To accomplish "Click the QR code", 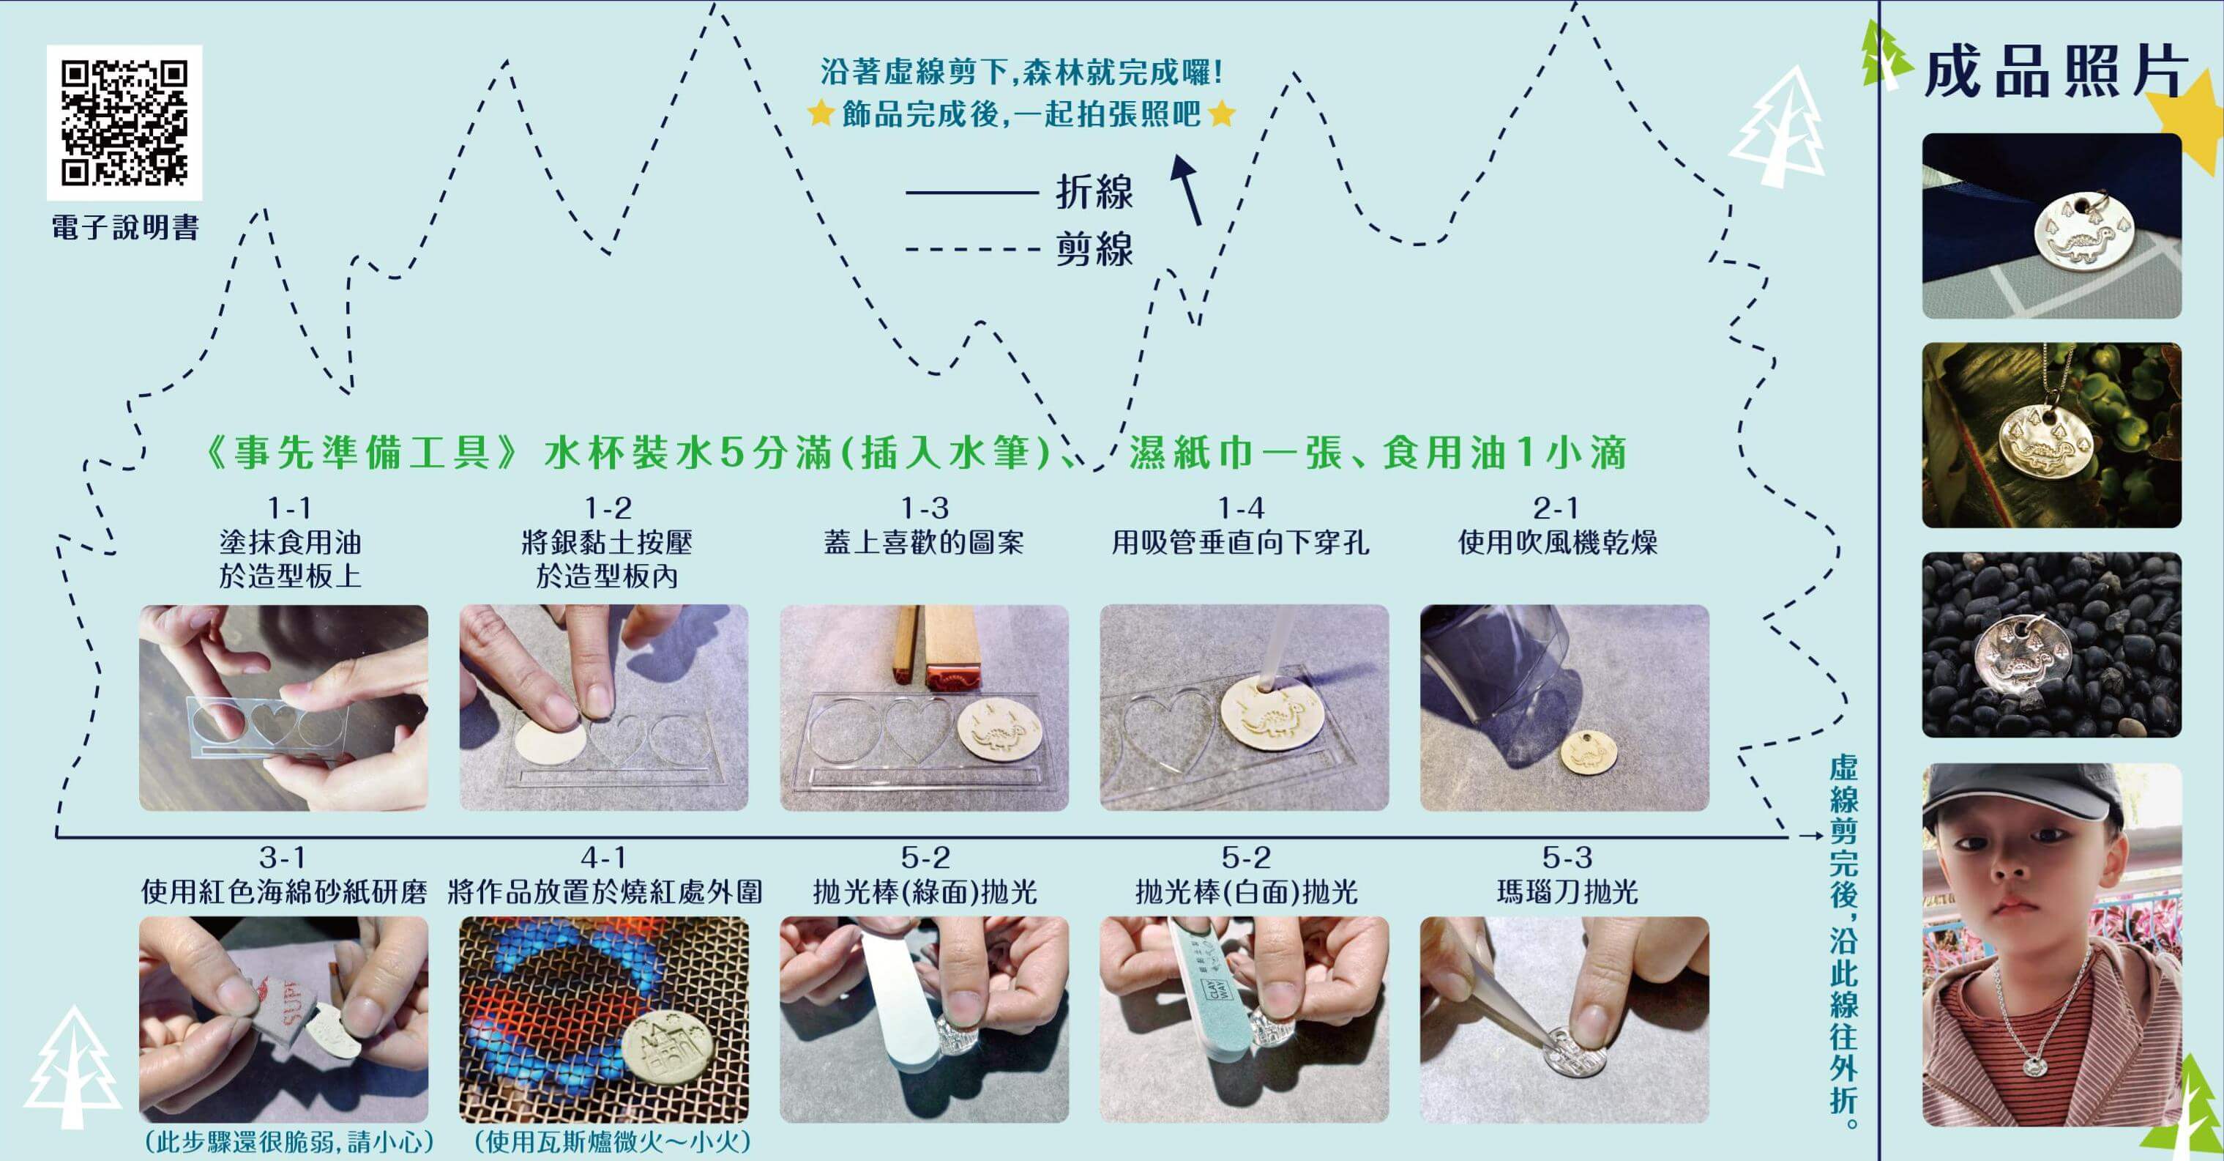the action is (124, 122).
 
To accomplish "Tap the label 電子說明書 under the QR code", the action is (126, 227).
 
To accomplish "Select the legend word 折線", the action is (1094, 192).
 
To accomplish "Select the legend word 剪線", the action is (1094, 250).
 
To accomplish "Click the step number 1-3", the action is (925, 507).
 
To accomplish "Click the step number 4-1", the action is (603, 858).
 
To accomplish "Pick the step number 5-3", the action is (1567, 858).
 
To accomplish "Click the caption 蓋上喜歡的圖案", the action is (924, 543).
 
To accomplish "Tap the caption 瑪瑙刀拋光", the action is (1567, 891).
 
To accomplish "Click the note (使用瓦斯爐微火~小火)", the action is (612, 1142).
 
